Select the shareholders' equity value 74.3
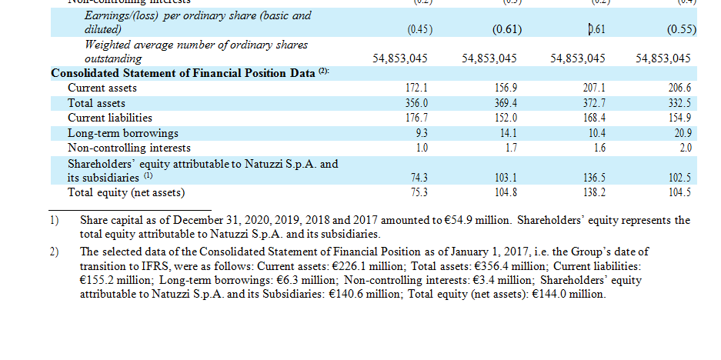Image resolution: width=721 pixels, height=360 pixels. (419, 178)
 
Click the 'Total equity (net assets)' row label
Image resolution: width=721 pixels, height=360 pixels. (126, 192)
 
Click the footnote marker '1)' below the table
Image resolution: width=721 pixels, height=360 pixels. (55, 221)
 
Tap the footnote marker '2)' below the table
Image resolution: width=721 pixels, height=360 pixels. (55, 252)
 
